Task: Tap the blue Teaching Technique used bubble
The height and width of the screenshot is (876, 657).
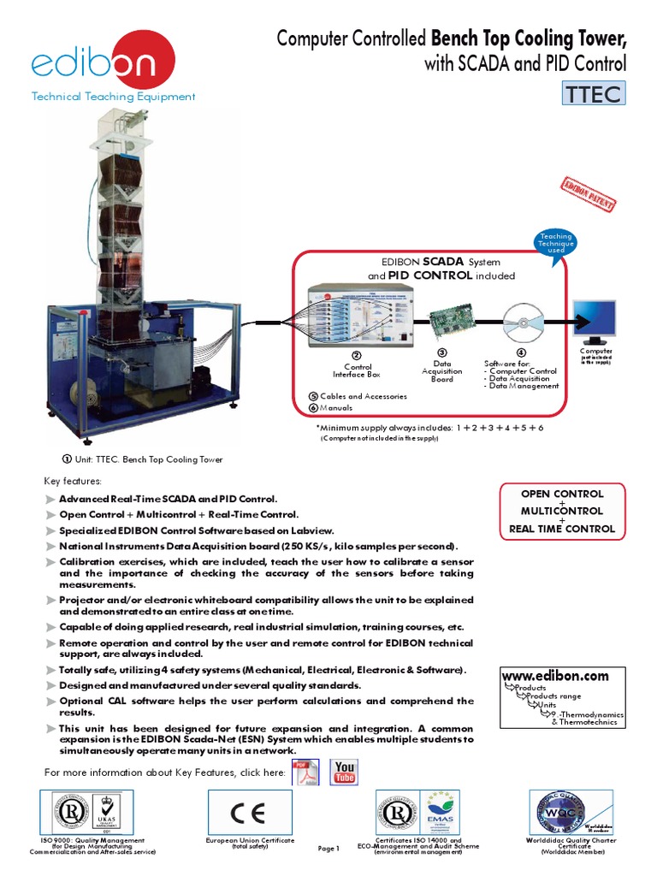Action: click(555, 243)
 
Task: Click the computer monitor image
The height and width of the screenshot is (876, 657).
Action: click(596, 323)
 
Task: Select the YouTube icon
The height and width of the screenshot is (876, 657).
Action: click(346, 772)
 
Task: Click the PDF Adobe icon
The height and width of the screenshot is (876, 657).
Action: click(306, 772)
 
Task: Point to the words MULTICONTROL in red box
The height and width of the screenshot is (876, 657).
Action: click(562, 511)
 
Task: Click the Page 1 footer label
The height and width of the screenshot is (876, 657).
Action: click(328, 849)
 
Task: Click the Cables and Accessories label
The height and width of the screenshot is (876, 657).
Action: click(363, 396)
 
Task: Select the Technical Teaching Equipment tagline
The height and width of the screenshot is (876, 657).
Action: click(113, 97)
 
